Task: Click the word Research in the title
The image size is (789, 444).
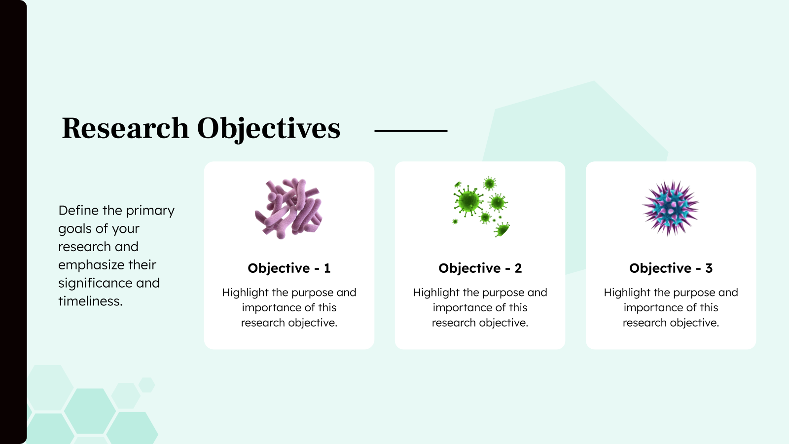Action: [x=125, y=128]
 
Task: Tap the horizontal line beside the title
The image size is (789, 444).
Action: [x=411, y=131]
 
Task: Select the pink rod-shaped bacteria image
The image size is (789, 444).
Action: [x=289, y=208]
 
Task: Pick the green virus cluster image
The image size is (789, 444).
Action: [x=480, y=207]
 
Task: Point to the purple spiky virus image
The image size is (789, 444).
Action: [x=671, y=208]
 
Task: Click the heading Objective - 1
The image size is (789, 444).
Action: [x=289, y=268]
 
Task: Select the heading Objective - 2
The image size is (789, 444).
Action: [x=480, y=268]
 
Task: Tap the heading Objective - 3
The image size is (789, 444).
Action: [x=671, y=268]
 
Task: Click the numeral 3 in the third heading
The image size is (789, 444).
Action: [x=709, y=268]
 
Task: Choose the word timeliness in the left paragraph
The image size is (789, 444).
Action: [x=90, y=301]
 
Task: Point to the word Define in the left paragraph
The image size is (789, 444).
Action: [x=78, y=211]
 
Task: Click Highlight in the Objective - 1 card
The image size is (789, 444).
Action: [x=245, y=293]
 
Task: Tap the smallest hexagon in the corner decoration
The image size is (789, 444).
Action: [x=146, y=385]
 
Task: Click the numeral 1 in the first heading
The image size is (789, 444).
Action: [x=327, y=268]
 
